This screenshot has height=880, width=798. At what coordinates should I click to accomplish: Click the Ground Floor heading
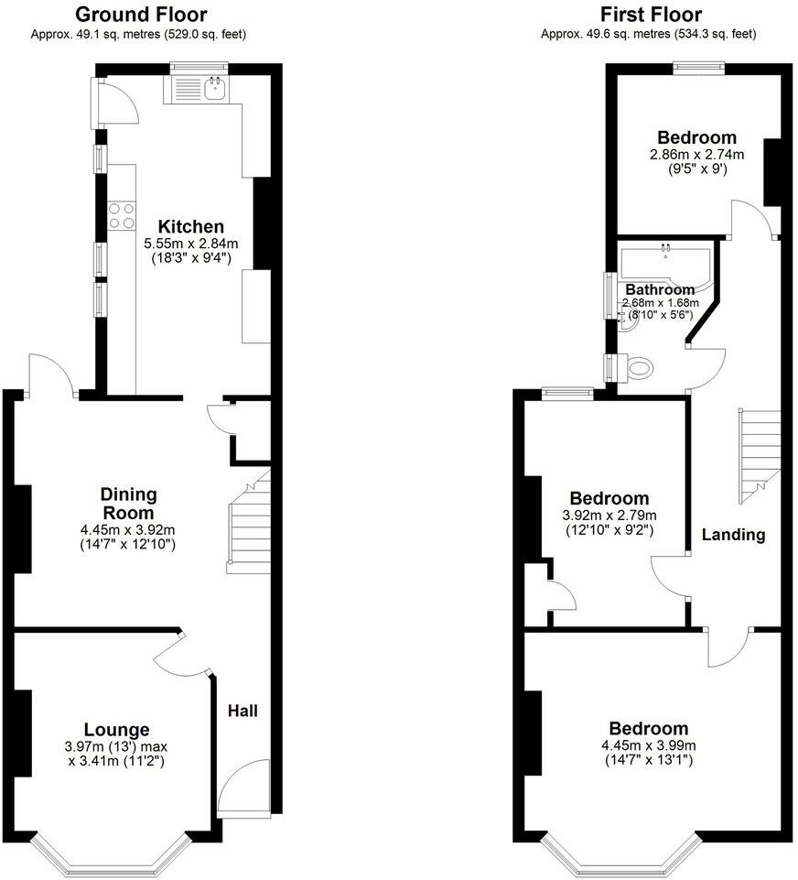(140, 15)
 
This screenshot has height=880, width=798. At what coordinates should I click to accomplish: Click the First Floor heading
(651, 15)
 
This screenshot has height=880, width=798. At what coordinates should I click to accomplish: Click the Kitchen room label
(190, 226)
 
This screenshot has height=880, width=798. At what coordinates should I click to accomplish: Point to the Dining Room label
(128, 503)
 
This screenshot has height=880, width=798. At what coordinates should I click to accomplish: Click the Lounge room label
(116, 730)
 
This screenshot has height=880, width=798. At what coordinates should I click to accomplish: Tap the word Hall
(243, 711)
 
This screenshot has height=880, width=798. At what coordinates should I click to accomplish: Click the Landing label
(733, 535)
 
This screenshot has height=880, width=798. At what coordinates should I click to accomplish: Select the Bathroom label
(660, 289)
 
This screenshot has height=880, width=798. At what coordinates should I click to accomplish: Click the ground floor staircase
(249, 527)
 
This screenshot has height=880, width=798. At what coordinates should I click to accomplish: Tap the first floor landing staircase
(760, 453)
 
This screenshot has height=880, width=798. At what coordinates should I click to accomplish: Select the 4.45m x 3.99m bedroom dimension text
(651, 745)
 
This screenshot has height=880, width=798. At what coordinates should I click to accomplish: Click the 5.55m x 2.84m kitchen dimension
(190, 244)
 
